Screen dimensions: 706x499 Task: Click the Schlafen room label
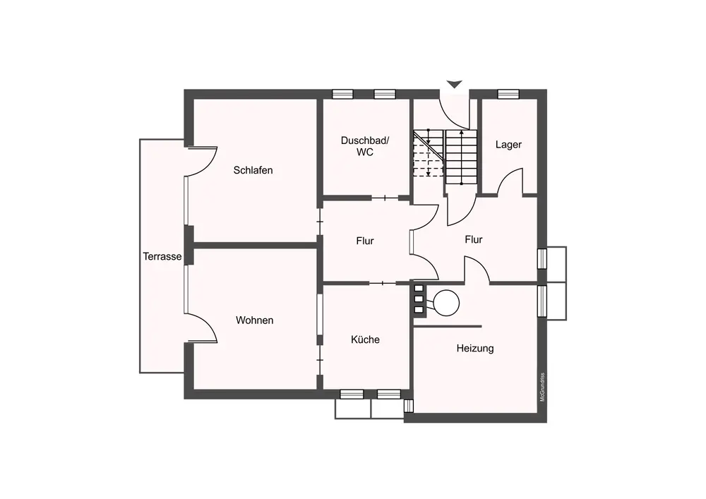point(253,170)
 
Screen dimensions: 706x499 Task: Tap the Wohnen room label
point(254,320)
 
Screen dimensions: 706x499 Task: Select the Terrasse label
point(162,256)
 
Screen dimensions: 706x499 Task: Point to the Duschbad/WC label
point(365,146)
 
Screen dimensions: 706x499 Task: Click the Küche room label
point(365,339)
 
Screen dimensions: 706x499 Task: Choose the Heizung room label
point(475,348)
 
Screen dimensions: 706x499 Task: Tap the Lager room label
point(508,145)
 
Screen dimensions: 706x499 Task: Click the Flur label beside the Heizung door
point(474,240)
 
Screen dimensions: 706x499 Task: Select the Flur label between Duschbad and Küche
point(365,241)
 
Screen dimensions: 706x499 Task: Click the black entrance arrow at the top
point(455,84)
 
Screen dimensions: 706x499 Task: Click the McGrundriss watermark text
point(542,387)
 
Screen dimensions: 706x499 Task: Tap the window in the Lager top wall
point(508,94)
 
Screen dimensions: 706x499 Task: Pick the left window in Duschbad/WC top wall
point(342,94)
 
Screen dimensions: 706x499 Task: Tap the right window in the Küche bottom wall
point(389,395)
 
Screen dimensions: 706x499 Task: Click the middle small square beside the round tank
point(419,299)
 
